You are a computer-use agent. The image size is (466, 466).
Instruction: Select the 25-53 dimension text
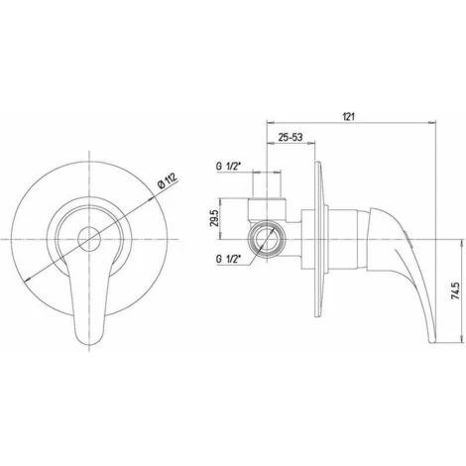pyautogui.click(x=290, y=137)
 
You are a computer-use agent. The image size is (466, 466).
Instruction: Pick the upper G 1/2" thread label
pyautogui.click(x=228, y=170)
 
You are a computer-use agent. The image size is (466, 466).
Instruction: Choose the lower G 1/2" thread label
pyautogui.click(x=228, y=258)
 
